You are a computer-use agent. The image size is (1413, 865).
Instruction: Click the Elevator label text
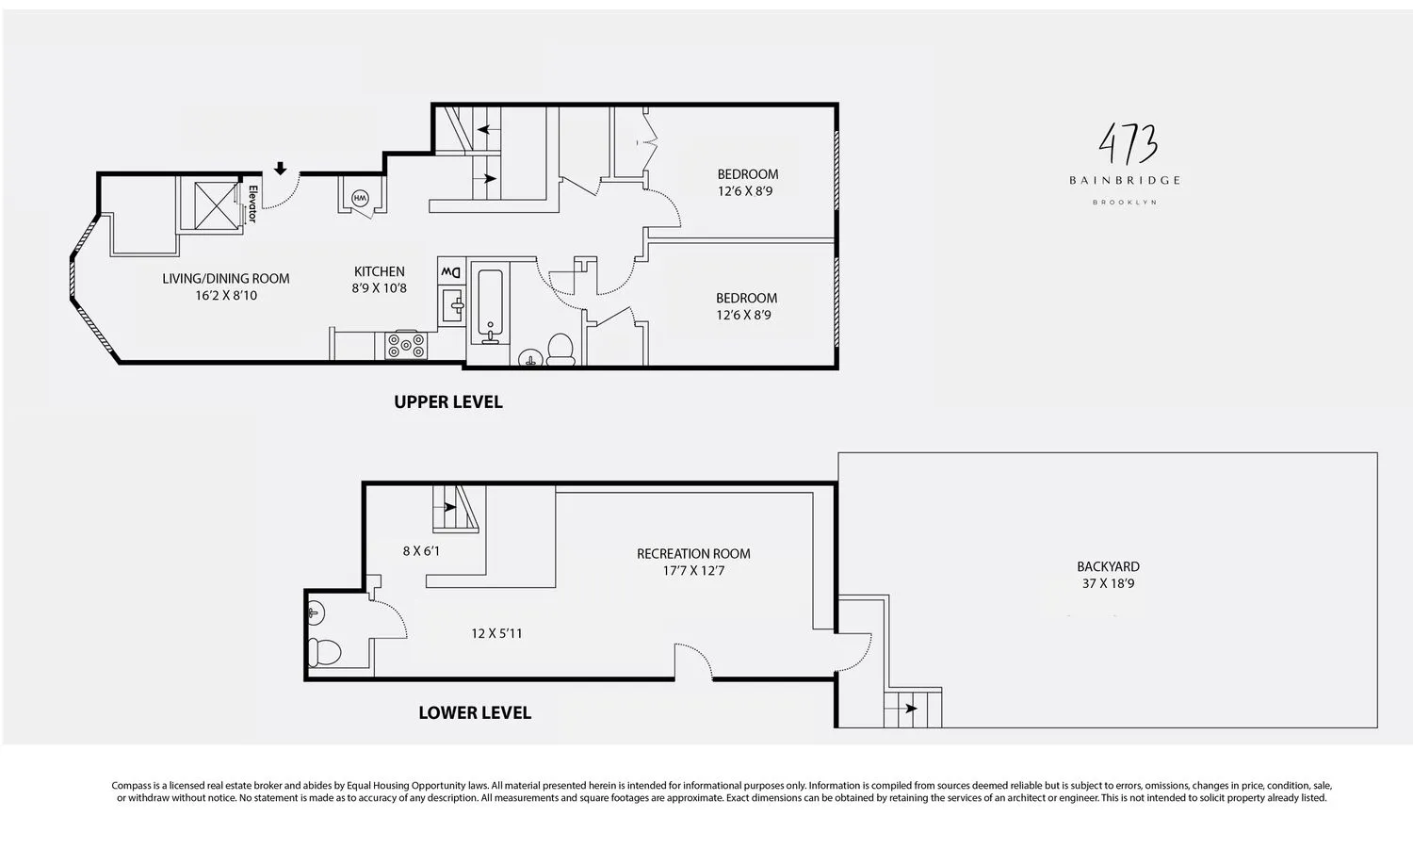252,204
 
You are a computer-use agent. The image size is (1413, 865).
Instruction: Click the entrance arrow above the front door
280,169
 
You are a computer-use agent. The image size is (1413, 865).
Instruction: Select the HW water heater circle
360,199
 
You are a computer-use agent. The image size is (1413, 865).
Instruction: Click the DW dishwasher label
451,272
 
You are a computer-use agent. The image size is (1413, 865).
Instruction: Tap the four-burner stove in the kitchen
406,346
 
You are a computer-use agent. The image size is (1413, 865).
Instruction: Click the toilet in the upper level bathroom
561,349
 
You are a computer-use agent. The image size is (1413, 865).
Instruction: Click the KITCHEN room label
379,271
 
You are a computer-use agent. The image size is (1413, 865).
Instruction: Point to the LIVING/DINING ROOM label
226,278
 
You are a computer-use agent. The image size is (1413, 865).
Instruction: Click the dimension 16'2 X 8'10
226,295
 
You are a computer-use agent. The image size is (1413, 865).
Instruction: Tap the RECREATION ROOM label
693,553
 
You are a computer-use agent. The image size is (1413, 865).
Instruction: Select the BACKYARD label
1108,566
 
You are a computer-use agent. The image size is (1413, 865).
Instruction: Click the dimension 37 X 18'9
1108,583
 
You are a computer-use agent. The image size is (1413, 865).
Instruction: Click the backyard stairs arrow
910,709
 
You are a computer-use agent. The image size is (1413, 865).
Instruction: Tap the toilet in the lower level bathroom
325,651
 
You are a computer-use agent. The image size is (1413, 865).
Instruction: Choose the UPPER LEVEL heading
448,401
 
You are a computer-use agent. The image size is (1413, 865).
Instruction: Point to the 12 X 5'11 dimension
496,633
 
